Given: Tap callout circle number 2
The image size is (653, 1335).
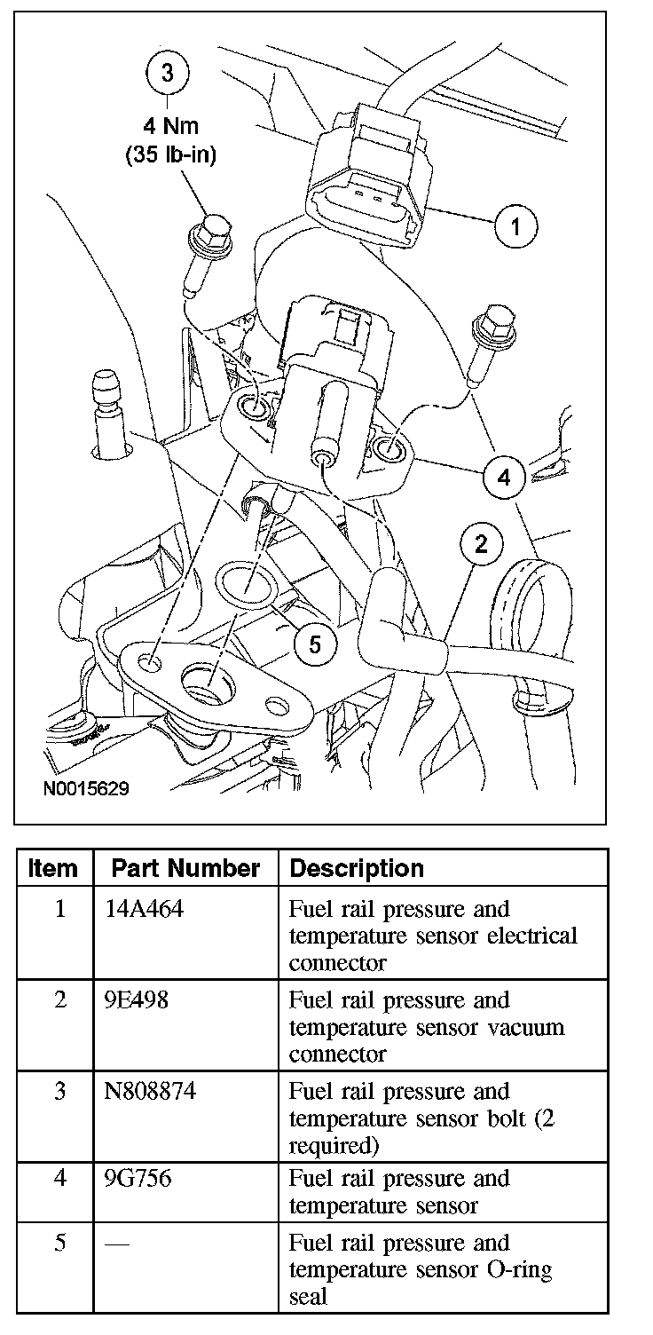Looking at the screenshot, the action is coord(480,544).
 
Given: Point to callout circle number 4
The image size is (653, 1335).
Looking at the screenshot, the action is coord(504,478).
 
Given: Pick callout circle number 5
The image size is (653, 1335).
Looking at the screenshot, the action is coord(316,644).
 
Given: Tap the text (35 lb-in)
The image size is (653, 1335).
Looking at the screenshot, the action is coord(169,154).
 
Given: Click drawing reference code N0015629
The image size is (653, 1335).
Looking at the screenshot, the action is coord(84,788).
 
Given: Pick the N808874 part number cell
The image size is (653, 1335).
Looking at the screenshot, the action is coord(149,1092).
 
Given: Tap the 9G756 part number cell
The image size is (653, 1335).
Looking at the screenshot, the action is coord(138,1179).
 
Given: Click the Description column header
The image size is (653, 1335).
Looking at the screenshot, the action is coord(357,868).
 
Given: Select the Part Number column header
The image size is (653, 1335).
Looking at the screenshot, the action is coord(185,868).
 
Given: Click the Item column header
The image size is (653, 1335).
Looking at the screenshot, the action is coord(53,868).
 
